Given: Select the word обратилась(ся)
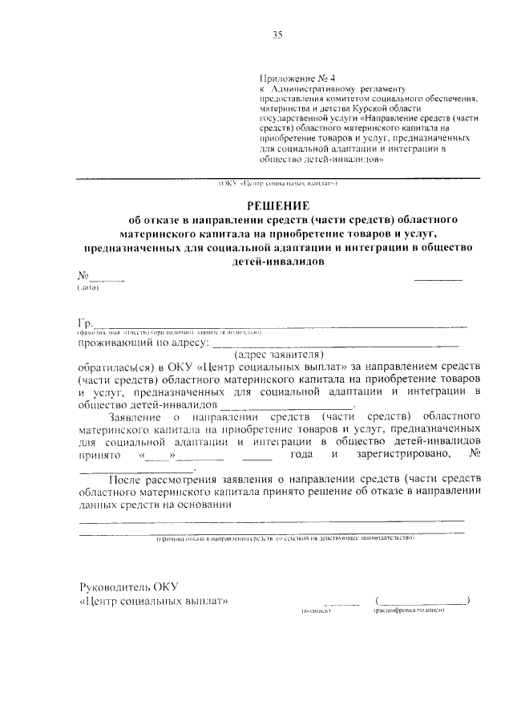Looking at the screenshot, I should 113,365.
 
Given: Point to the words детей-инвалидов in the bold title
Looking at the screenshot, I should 277,261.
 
